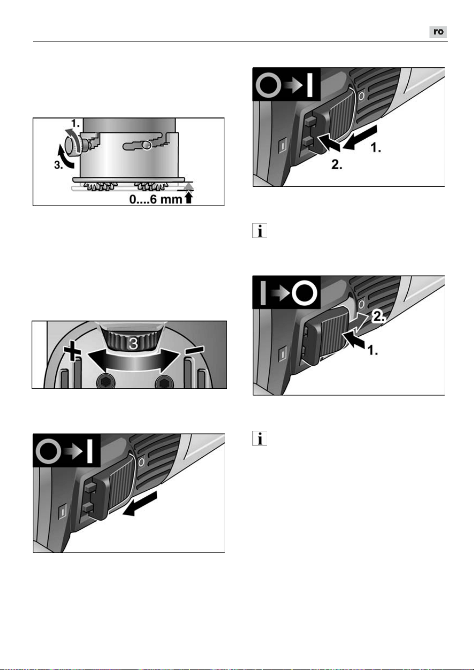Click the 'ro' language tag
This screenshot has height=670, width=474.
click(438, 32)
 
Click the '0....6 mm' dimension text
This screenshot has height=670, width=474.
click(156, 199)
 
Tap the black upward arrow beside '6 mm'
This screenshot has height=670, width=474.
click(189, 198)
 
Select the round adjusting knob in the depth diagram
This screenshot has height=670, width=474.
click(72, 145)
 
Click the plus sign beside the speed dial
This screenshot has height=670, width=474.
click(72, 351)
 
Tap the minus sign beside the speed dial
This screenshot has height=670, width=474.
click(195, 350)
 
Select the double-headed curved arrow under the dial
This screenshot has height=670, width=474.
click(133, 361)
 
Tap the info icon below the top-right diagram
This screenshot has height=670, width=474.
click(260, 230)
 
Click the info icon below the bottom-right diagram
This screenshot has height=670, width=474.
click(260, 439)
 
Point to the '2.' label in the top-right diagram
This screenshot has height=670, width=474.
click(337, 165)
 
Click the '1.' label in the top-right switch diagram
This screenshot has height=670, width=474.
click(376, 148)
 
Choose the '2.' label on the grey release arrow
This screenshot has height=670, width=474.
click(379, 317)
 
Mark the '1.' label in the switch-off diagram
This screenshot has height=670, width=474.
click(372, 350)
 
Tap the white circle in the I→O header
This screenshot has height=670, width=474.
click(304, 293)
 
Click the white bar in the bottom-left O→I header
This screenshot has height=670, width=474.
click(90, 451)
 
